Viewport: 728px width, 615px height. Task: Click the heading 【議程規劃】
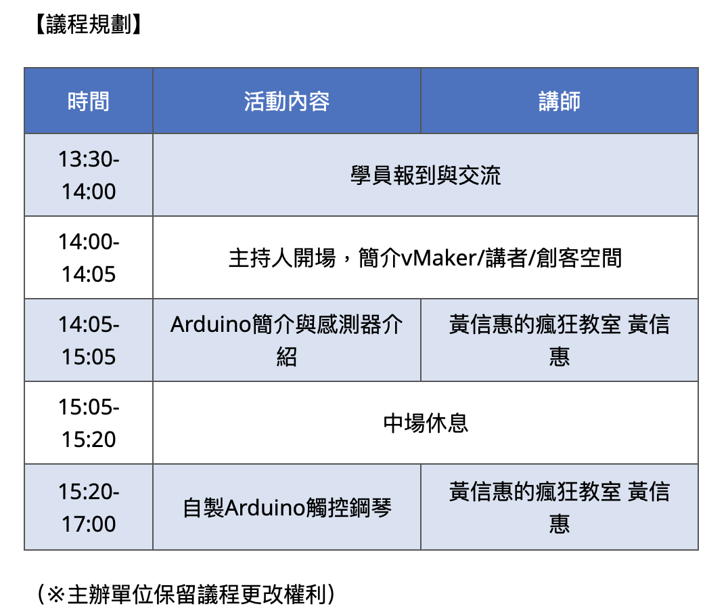[88, 24]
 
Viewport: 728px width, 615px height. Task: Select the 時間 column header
[89, 101]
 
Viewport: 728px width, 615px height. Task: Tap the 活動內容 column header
[287, 101]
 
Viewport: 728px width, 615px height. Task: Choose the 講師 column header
[560, 101]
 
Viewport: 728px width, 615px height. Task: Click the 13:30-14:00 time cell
[89, 175]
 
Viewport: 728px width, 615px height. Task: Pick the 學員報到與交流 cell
[426, 175]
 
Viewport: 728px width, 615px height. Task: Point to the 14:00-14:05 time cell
[89, 257]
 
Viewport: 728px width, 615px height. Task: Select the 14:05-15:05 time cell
[89, 340]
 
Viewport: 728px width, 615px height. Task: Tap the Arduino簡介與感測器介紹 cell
[287, 340]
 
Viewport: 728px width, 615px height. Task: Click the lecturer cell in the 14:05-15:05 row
[560, 340]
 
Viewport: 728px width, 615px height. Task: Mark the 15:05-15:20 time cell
[89, 423]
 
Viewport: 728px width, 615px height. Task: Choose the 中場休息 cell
[426, 423]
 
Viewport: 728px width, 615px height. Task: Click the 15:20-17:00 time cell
[89, 507]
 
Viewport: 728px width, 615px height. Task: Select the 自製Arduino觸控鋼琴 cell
[287, 507]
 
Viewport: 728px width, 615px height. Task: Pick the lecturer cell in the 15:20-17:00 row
[560, 507]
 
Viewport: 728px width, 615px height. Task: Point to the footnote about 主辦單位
[185, 593]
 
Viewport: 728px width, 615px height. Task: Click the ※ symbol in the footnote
[56, 594]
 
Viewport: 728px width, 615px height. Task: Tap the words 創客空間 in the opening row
[579, 258]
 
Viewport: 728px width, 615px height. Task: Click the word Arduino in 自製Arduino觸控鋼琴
[265, 507]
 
